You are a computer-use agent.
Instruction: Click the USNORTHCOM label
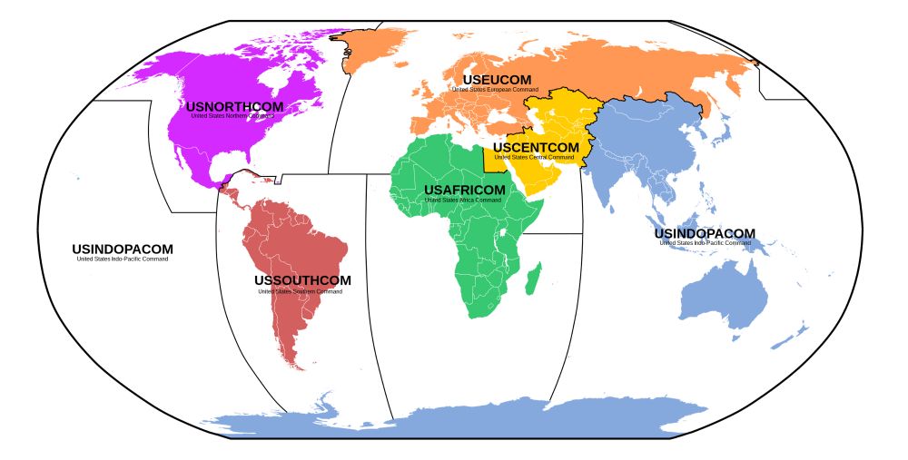click(x=235, y=106)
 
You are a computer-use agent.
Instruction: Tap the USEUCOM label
click(x=497, y=80)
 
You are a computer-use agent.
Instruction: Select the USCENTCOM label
click(x=536, y=147)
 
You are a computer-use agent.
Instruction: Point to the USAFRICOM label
click(x=464, y=190)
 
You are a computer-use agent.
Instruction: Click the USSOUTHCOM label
click(x=302, y=280)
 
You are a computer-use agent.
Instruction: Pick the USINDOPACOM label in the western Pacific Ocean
click(x=123, y=249)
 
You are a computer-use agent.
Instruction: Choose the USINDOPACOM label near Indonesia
click(x=705, y=234)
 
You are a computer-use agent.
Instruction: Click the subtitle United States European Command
click(x=497, y=90)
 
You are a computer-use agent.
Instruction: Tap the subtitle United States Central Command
click(x=536, y=157)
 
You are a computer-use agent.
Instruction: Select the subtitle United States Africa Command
click(x=464, y=200)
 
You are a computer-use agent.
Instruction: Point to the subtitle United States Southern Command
click(x=301, y=291)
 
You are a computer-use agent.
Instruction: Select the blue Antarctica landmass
click(x=508, y=421)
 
